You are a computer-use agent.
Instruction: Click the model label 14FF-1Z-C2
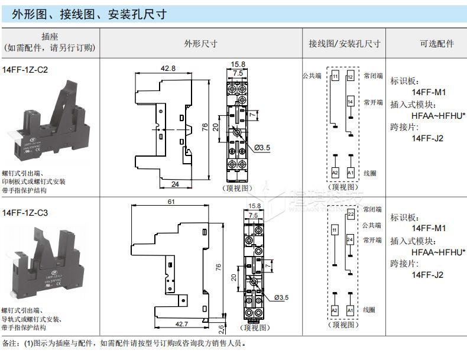(25, 69)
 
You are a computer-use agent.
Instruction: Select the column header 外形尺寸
(201, 43)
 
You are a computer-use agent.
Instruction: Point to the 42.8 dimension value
(168, 68)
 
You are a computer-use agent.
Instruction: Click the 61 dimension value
(171, 202)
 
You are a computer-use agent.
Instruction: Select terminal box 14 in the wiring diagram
(350, 102)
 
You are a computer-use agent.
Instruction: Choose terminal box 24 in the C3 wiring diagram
(350, 239)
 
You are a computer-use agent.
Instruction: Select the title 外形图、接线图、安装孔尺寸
(88, 14)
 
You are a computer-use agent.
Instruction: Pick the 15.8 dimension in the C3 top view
(255, 206)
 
